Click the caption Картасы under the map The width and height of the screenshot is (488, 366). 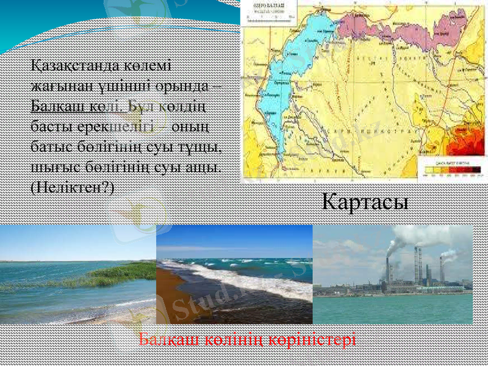[x=365, y=201]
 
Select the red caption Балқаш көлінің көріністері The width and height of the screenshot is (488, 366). [x=247, y=339]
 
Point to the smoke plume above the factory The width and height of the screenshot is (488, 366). [x=415, y=235]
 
